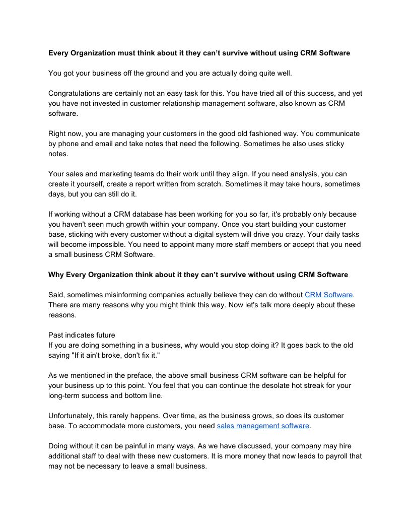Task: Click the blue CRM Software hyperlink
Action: (329, 295)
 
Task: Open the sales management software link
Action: (263, 426)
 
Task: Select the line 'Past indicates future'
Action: (82, 335)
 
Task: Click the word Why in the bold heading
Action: (56, 275)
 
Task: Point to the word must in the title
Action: (128, 53)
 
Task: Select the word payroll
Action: (334, 456)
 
